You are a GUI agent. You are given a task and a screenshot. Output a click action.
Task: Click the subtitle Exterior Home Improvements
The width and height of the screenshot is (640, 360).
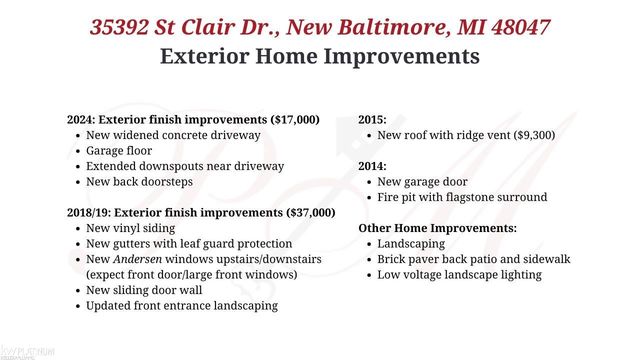pyautogui.click(x=320, y=56)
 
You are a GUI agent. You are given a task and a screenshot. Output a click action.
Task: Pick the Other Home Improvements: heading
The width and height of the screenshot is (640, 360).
pyautogui.click(x=438, y=229)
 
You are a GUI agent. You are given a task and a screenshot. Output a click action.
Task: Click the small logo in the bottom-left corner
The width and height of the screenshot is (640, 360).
pyautogui.click(x=28, y=351)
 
